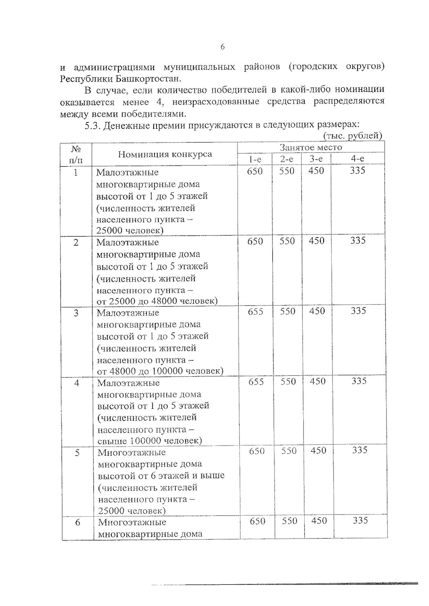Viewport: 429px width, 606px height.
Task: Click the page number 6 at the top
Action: [x=222, y=47]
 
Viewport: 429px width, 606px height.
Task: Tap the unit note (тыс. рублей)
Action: [x=352, y=136]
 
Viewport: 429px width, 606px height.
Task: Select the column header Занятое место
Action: [x=311, y=147]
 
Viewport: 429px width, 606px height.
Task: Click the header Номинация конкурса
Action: [x=165, y=154]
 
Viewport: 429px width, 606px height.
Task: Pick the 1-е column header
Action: [x=255, y=159]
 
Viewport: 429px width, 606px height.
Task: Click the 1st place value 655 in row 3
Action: [x=256, y=312]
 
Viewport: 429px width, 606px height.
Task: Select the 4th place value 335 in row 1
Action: [x=357, y=171]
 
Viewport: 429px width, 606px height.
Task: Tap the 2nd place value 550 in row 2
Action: [x=287, y=241]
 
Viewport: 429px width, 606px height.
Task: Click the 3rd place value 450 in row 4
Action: [x=317, y=381]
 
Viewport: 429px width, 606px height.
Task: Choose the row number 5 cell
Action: [x=77, y=453]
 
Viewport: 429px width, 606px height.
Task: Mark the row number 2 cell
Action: [x=76, y=243]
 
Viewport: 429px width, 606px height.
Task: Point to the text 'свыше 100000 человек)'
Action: [x=149, y=441]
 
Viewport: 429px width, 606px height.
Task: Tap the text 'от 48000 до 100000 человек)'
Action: [x=160, y=371]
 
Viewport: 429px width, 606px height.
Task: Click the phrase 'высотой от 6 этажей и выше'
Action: [x=161, y=476]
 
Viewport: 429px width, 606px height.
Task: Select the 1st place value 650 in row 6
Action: [x=257, y=521]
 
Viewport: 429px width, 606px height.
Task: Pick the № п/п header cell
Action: [x=75, y=154]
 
